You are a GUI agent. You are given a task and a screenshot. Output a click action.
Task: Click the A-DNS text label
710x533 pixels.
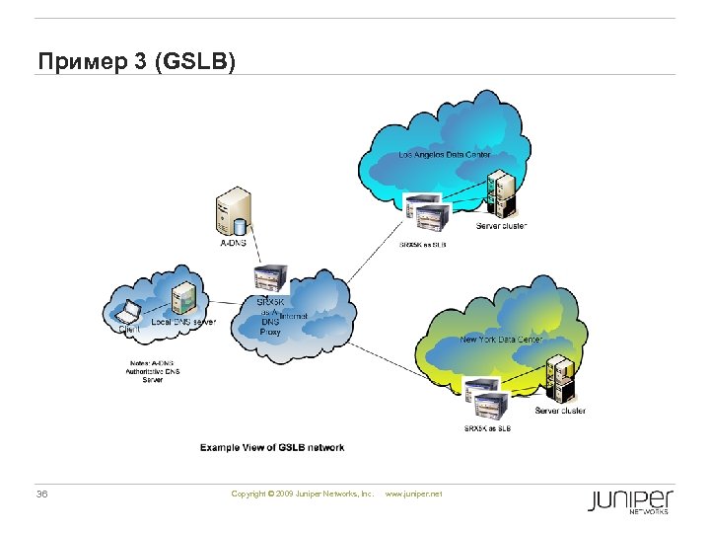pos(234,242)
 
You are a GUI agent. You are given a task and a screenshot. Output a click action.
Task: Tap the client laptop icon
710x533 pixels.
pos(128,315)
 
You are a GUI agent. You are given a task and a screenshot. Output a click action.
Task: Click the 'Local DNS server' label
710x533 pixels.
pos(183,322)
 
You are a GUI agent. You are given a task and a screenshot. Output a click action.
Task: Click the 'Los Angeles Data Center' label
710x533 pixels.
pos(444,155)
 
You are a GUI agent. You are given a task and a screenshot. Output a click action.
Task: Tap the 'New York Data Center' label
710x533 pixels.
pos(501,340)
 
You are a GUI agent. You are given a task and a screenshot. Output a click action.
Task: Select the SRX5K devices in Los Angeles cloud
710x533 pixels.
pos(426,214)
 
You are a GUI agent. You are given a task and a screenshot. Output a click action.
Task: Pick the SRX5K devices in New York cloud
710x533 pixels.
pos(488,399)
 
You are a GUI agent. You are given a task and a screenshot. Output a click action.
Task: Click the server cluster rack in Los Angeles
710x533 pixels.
pos(500,194)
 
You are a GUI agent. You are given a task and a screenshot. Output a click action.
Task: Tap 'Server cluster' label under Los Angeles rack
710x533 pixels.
pos(501,226)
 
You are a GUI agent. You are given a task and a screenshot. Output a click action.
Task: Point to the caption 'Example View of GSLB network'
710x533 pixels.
pos(272,447)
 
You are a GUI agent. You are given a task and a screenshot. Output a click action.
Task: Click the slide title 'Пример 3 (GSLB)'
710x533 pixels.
pos(137,62)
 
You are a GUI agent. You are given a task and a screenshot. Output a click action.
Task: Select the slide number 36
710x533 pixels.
pos(41,493)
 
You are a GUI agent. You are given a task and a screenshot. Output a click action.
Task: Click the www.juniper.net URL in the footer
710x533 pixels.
pos(413,493)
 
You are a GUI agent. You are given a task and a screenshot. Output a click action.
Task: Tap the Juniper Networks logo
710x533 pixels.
pos(630,500)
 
